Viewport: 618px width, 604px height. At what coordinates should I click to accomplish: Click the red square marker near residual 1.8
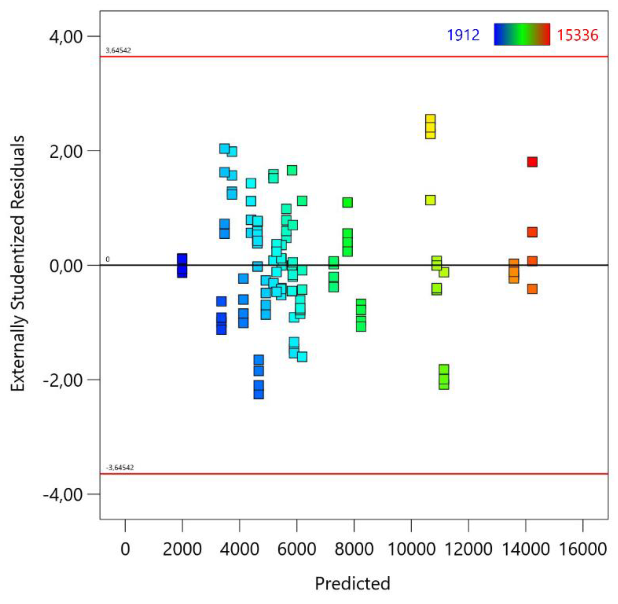coord(532,162)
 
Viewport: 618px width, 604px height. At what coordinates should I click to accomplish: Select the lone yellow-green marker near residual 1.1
coord(430,200)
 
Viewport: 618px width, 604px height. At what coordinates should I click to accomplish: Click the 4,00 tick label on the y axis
coord(66,37)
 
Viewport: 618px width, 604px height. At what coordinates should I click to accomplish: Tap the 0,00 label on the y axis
coord(66,266)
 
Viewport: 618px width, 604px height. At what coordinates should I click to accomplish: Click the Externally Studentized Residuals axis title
coord(18,263)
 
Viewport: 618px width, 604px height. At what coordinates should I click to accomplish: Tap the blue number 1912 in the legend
coord(463,35)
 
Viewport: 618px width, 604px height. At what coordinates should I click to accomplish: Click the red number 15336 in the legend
coord(577,35)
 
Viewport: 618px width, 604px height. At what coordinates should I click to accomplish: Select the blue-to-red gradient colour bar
coord(522,34)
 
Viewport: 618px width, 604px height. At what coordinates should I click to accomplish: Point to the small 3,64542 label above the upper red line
coord(118,50)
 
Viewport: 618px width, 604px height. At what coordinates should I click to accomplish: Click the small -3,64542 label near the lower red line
coord(120,468)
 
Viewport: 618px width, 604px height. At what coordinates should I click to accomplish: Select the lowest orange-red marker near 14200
coord(532,289)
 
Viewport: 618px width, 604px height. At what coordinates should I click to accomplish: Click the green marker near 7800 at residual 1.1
coord(347,202)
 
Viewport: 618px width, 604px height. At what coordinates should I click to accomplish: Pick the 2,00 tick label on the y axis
coord(66,151)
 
